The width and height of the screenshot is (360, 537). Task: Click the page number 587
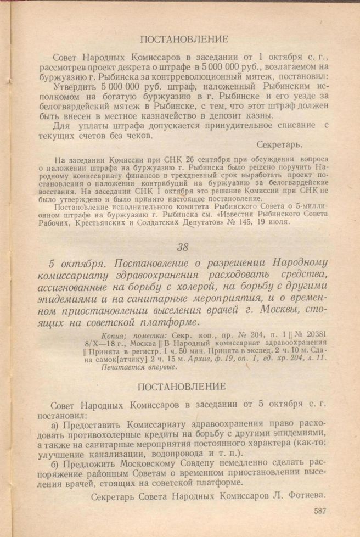coord(323,511)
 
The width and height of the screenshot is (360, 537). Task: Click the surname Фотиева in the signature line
coord(303,494)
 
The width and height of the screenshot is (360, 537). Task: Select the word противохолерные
coord(100,434)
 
